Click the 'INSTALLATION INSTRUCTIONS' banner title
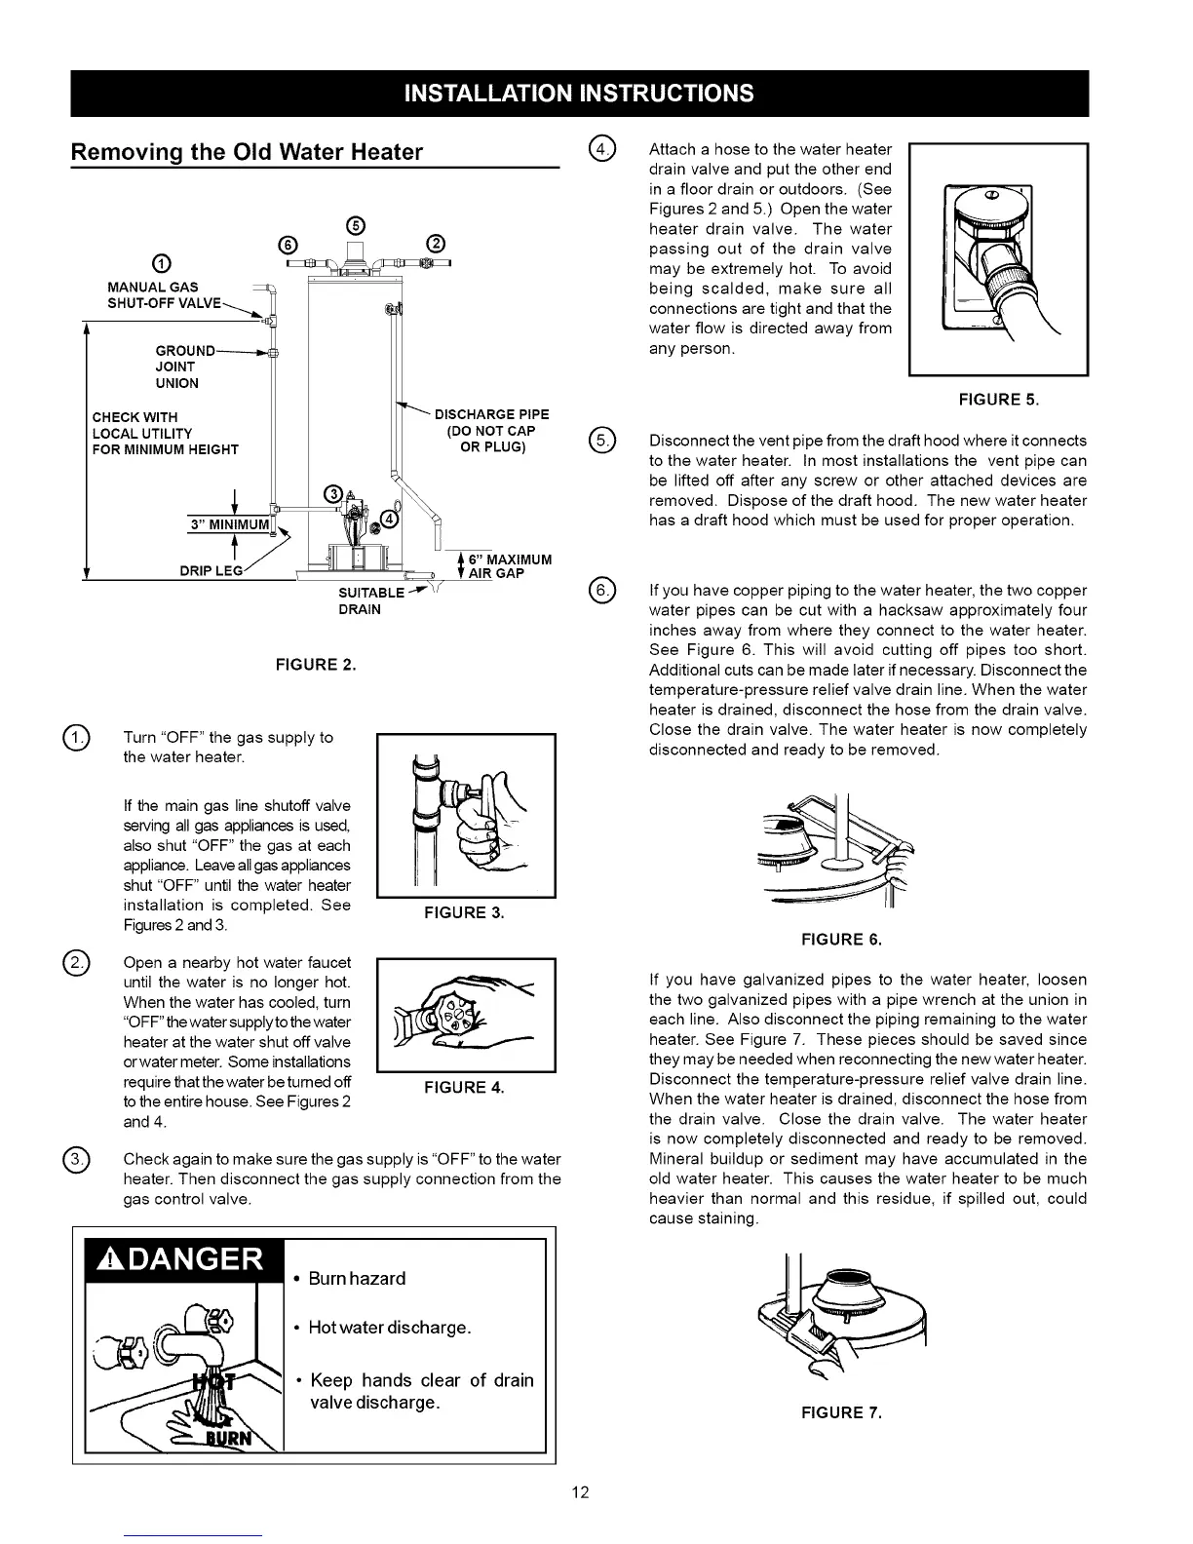pos(578,94)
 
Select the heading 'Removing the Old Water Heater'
pos(247,152)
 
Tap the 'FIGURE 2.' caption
pos(316,666)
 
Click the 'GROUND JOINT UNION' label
pos(182,367)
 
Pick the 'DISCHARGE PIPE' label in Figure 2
pos(491,415)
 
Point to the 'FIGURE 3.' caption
pos(464,912)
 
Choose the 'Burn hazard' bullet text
pos(357,1279)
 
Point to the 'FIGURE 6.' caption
pos(840,940)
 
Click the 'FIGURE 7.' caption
pos(841,1413)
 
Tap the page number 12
pos(581,1493)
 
